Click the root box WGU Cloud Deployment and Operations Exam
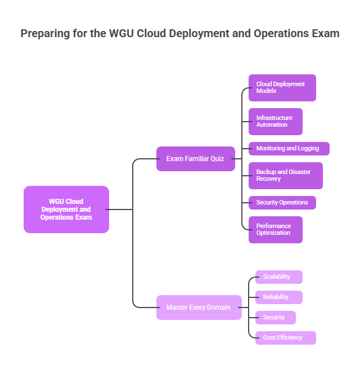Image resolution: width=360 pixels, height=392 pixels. coord(66,210)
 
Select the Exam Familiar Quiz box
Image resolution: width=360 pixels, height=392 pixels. coord(195,159)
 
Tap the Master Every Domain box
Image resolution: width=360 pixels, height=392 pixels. coord(199,308)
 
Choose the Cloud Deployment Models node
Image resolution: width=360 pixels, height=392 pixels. coord(282,88)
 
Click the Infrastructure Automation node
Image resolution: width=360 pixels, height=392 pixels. coord(275,122)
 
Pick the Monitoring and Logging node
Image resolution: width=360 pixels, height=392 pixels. coord(289,149)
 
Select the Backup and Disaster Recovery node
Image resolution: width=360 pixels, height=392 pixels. coord(285,176)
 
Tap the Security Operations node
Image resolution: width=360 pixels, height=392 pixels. coord(282,203)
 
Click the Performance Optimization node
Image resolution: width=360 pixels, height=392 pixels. coord(275,230)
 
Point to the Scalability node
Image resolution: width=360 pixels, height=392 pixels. coord(278,277)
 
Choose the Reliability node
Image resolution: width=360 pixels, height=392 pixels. coord(278,297)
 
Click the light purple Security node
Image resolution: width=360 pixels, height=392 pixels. coord(275,318)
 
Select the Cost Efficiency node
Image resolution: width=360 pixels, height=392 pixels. coord(285,338)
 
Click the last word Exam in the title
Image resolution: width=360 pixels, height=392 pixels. coord(326,33)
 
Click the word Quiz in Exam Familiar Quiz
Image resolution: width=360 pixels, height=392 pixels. coord(217,159)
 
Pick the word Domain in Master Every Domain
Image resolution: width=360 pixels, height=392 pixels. coord(219,308)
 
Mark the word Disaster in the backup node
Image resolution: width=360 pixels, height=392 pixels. coord(299,172)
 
